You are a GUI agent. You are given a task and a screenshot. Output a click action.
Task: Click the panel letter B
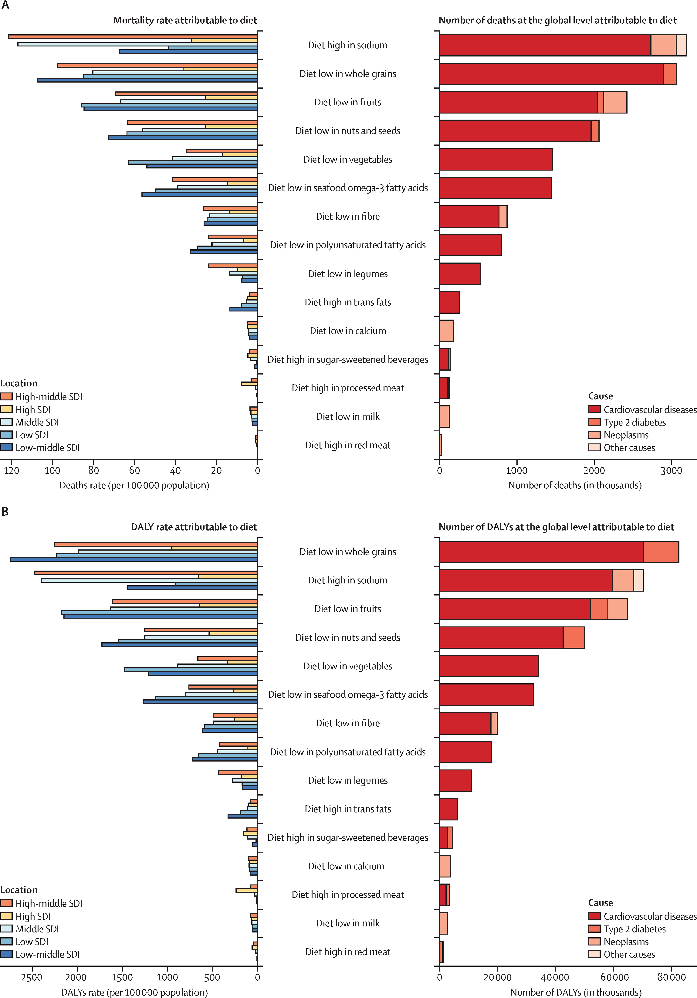(x=5, y=511)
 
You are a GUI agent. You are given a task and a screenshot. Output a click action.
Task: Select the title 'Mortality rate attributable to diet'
(x=185, y=20)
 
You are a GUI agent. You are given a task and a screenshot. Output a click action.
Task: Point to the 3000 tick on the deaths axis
(x=671, y=470)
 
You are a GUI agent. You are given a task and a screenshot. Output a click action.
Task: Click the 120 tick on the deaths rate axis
(x=12, y=470)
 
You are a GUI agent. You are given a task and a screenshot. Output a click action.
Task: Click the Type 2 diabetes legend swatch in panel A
(x=594, y=422)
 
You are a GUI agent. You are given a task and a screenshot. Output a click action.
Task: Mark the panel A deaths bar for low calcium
(x=447, y=331)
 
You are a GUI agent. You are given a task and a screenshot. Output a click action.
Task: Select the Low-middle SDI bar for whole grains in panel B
(x=134, y=559)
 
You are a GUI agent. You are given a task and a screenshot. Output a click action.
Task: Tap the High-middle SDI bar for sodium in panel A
(x=133, y=37)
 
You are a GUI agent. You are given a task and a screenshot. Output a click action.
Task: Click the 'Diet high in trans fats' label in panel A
(x=348, y=302)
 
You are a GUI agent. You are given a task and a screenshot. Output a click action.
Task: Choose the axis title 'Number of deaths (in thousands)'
(x=575, y=485)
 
